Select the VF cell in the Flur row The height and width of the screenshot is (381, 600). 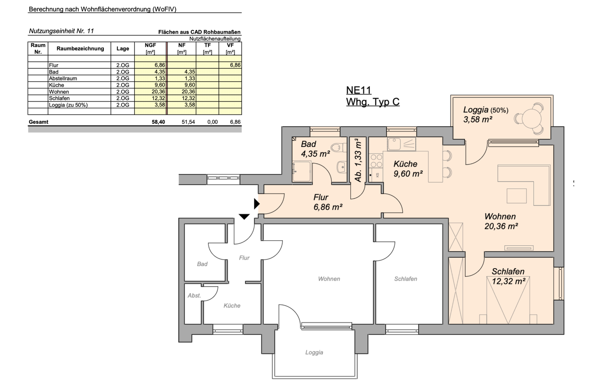pyautogui.click(x=230, y=65)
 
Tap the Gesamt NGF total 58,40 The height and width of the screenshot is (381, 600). pyautogui.click(x=158, y=122)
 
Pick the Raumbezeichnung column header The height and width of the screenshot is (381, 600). pyautogui.click(x=80, y=48)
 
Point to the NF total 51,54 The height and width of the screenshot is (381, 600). pyautogui.click(x=188, y=122)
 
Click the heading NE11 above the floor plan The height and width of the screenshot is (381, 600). pyautogui.click(x=359, y=90)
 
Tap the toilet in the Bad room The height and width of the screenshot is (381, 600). pyautogui.click(x=339, y=147)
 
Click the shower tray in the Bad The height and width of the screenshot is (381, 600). pyautogui.click(x=302, y=172)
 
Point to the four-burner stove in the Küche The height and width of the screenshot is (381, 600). pyautogui.click(x=376, y=161)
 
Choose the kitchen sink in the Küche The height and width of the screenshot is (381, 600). pyautogui.click(x=401, y=144)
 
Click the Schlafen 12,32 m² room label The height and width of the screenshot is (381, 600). pyautogui.click(x=508, y=276)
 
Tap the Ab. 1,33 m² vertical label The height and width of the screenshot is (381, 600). pyautogui.click(x=358, y=160)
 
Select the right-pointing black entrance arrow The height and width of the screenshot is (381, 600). pyautogui.click(x=257, y=204)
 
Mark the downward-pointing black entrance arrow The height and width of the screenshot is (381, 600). pyautogui.click(x=244, y=217)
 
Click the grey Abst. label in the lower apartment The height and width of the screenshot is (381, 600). pyautogui.click(x=194, y=296)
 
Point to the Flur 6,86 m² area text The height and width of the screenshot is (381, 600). pyautogui.click(x=328, y=202)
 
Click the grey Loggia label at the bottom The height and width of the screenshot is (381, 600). pyautogui.click(x=314, y=353)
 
